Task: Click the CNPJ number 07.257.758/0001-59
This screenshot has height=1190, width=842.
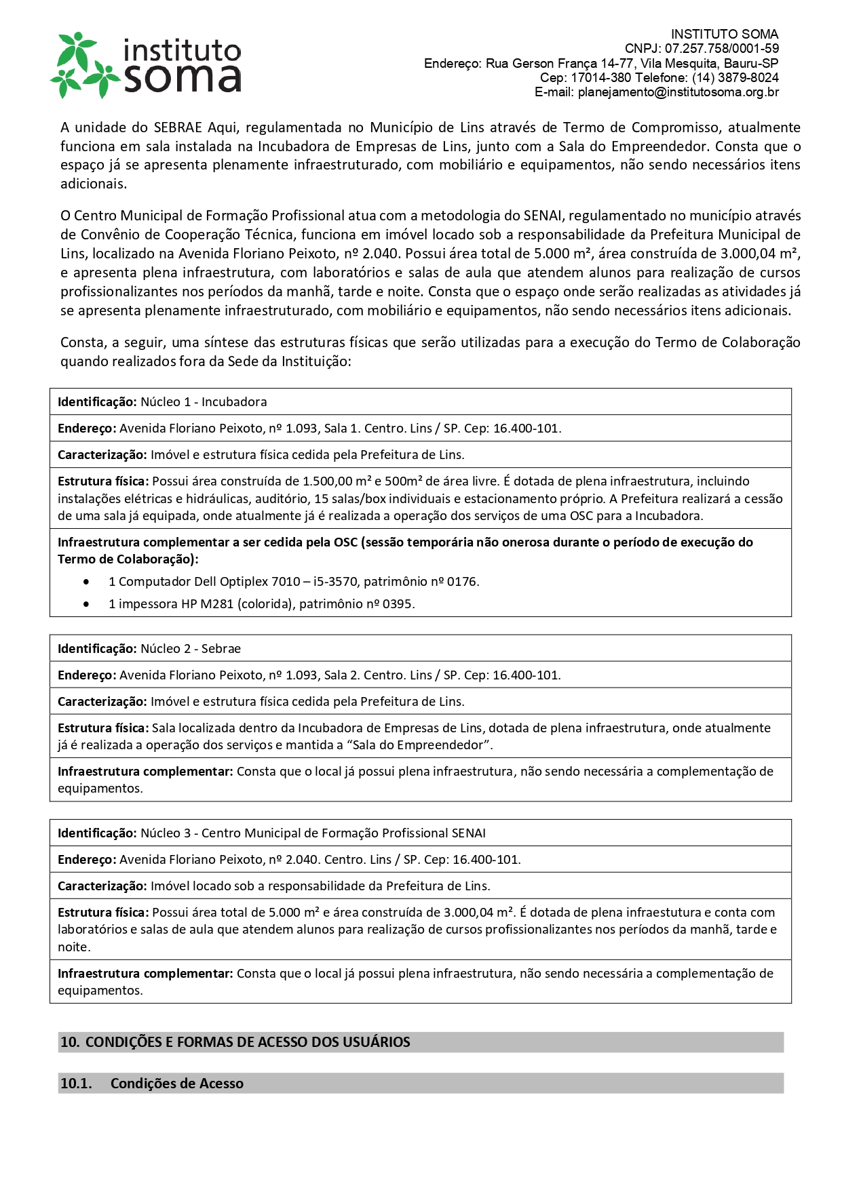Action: (x=721, y=49)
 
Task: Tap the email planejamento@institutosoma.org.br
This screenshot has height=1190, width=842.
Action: (x=678, y=92)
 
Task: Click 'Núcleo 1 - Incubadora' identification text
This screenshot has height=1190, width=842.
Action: (x=204, y=402)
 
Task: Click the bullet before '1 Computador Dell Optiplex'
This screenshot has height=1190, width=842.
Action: (x=86, y=582)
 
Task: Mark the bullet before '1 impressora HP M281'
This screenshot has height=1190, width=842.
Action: (x=86, y=604)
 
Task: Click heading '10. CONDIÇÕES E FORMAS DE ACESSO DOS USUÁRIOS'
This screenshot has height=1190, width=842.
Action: (x=235, y=1042)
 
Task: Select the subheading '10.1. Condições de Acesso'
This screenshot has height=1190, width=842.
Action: (x=152, y=1084)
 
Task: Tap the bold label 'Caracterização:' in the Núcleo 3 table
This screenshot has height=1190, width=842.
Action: (x=102, y=886)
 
